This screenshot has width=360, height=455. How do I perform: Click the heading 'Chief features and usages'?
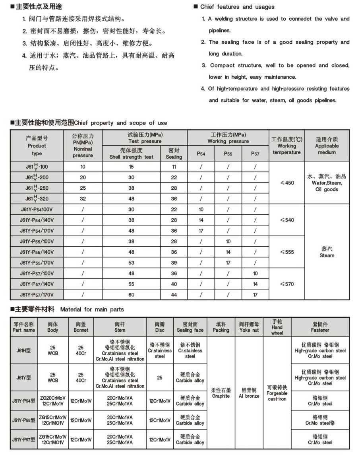tap(237, 7)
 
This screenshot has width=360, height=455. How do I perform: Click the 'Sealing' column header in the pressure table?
tap(174, 154)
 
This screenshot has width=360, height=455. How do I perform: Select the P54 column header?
tap(201, 154)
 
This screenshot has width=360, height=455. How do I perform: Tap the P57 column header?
tap(255, 154)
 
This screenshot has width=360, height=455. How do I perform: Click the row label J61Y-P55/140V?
tap(37, 252)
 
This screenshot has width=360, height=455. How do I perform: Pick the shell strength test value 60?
tap(132, 295)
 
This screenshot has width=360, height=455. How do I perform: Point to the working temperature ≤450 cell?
tap(287, 183)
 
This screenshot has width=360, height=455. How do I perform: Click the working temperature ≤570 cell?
tap(287, 284)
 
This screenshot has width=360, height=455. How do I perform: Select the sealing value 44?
tap(174, 295)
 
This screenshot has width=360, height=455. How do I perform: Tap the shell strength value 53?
tap(132, 263)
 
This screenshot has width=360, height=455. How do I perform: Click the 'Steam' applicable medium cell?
tap(327, 252)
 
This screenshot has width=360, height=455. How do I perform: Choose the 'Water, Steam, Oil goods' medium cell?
tap(327, 183)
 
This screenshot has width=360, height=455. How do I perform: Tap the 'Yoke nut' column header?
tap(249, 327)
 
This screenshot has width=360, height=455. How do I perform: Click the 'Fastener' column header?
tap(320, 327)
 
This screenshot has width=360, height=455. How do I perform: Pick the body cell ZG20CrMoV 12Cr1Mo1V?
tap(53, 401)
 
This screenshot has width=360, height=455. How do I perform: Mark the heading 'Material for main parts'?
tap(92, 309)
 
